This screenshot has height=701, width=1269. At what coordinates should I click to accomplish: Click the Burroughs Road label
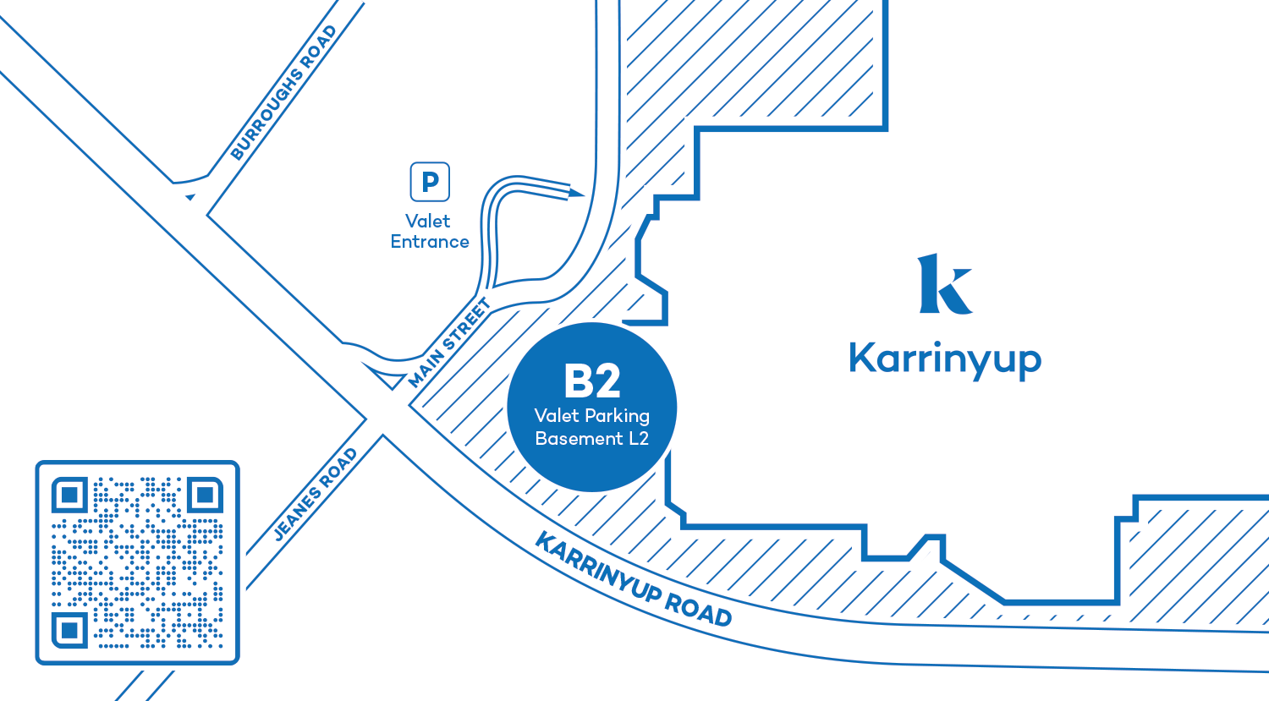[283, 93]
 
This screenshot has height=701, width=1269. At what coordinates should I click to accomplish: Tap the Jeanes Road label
[316, 495]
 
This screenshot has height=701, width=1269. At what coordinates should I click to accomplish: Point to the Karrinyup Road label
[633, 580]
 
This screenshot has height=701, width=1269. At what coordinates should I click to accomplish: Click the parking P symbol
[430, 182]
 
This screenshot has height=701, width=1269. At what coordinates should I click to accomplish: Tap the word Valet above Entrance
[428, 222]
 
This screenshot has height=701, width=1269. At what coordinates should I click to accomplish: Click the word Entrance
[430, 242]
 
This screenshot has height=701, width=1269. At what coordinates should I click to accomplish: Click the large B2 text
[592, 381]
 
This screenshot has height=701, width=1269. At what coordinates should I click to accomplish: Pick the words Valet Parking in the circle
[592, 415]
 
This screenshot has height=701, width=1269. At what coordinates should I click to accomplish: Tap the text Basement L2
[592, 438]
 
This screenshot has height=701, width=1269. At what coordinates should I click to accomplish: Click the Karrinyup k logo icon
[945, 284]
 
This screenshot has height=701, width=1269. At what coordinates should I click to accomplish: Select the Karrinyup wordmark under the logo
[945, 359]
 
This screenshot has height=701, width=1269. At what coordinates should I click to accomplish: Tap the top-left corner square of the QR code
[70, 496]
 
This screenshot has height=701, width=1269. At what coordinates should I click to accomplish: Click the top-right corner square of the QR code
[205, 496]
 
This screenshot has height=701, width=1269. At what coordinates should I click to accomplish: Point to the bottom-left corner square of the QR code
[70, 630]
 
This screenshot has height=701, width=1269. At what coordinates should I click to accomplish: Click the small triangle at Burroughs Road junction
[190, 197]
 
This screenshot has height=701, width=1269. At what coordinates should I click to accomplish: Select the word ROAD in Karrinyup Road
[698, 610]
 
